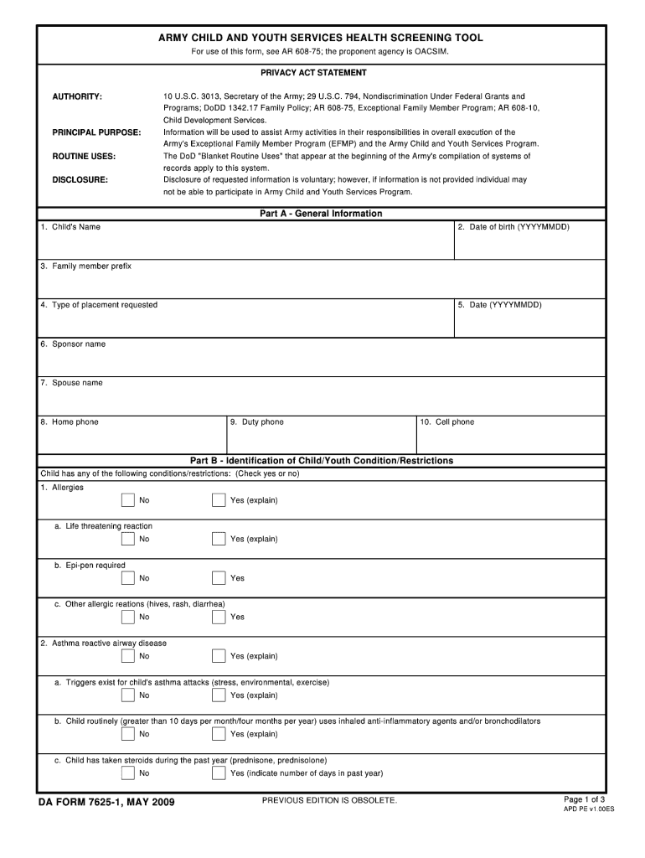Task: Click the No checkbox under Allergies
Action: pyautogui.click(x=127, y=500)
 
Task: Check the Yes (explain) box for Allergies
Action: pyautogui.click(x=219, y=500)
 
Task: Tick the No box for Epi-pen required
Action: pyautogui.click(x=127, y=578)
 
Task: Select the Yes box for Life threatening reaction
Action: pyautogui.click(x=219, y=539)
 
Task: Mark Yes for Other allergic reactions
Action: pyautogui.click(x=219, y=618)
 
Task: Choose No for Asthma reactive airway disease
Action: pyautogui.click(x=127, y=656)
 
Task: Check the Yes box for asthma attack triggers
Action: pyautogui.click(x=219, y=695)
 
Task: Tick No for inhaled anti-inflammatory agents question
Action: pyautogui.click(x=127, y=734)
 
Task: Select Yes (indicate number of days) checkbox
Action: pyautogui.click(x=219, y=773)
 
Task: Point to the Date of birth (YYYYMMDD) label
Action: pyautogui.click(x=513, y=227)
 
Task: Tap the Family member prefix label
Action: pyautogui.click(x=85, y=266)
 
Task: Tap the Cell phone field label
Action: pyautogui.click(x=447, y=422)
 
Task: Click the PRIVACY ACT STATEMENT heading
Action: pyautogui.click(x=313, y=73)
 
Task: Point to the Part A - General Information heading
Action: pyautogui.click(x=321, y=214)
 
